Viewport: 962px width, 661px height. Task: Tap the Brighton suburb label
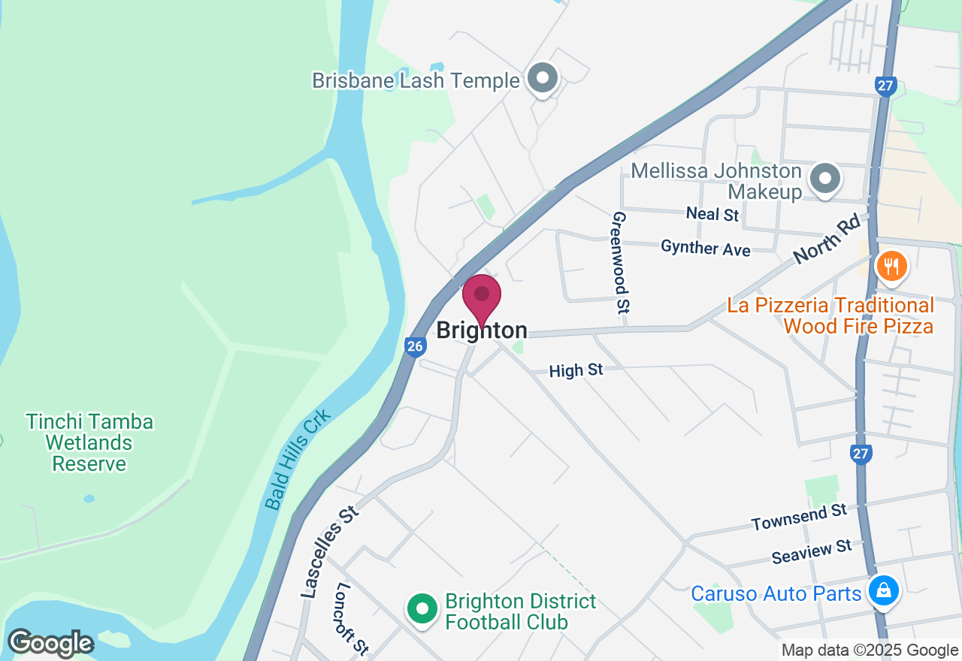(x=482, y=330)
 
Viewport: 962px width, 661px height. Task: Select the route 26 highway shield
(x=416, y=346)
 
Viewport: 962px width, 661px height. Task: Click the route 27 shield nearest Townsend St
(x=861, y=454)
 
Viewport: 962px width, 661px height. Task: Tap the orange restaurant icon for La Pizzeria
(x=891, y=267)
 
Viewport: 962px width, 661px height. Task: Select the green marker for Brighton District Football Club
(x=422, y=608)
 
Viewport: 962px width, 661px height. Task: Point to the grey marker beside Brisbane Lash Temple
(x=542, y=78)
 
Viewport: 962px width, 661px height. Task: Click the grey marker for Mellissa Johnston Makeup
(x=825, y=180)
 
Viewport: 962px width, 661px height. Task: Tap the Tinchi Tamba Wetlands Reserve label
(x=89, y=443)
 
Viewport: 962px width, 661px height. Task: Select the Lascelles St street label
(x=331, y=551)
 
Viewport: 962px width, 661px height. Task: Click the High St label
(x=576, y=370)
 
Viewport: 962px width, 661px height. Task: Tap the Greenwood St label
(x=621, y=261)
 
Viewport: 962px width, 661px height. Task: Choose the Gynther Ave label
(x=705, y=247)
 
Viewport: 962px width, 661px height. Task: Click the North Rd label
(x=826, y=241)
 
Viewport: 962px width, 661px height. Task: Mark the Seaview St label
(x=812, y=552)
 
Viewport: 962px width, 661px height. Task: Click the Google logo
(x=50, y=644)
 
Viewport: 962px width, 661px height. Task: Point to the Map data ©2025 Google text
(x=870, y=650)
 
